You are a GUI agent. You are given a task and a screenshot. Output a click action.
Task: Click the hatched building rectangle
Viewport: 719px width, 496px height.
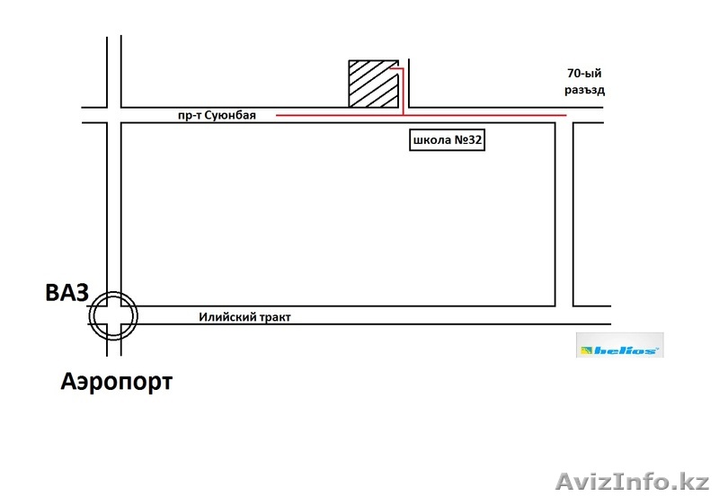tap(373, 84)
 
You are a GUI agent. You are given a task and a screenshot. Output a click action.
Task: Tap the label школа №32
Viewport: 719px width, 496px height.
tap(447, 140)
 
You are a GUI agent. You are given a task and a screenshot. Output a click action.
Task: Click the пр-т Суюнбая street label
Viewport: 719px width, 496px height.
tap(217, 115)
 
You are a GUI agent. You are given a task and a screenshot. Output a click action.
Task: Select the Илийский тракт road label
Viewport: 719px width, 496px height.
tap(244, 317)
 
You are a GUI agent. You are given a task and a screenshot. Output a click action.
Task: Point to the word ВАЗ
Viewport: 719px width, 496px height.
tap(67, 293)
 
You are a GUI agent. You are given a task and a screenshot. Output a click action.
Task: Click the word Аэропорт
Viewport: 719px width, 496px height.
tap(117, 381)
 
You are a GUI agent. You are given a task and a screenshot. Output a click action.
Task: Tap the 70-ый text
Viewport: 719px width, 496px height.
tap(584, 74)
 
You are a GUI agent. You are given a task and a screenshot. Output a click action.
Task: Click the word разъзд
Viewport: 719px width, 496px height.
tap(584, 90)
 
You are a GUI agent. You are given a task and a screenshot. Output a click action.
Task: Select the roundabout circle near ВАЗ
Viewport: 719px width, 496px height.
tap(113, 316)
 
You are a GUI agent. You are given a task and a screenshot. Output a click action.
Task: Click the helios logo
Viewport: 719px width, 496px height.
tap(619, 345)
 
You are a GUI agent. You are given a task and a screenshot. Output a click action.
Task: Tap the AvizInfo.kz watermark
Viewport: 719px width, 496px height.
tap(633, 482)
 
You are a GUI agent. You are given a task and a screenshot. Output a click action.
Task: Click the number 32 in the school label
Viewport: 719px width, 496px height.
tap(475, 140)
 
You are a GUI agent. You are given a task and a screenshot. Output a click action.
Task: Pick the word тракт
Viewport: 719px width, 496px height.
tap(277, 317)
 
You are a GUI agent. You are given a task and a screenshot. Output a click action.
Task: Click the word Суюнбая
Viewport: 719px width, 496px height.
tap(230, 115)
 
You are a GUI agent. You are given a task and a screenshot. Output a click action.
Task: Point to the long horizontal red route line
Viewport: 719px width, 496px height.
tap(421, 115)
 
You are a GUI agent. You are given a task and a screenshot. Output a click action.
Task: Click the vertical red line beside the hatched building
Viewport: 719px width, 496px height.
tap(403, 92)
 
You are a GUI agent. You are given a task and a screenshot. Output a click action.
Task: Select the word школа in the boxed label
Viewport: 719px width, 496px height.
tap(432, 140)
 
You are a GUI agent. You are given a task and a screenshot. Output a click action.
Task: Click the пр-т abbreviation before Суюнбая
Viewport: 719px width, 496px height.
tap(190, 116)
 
